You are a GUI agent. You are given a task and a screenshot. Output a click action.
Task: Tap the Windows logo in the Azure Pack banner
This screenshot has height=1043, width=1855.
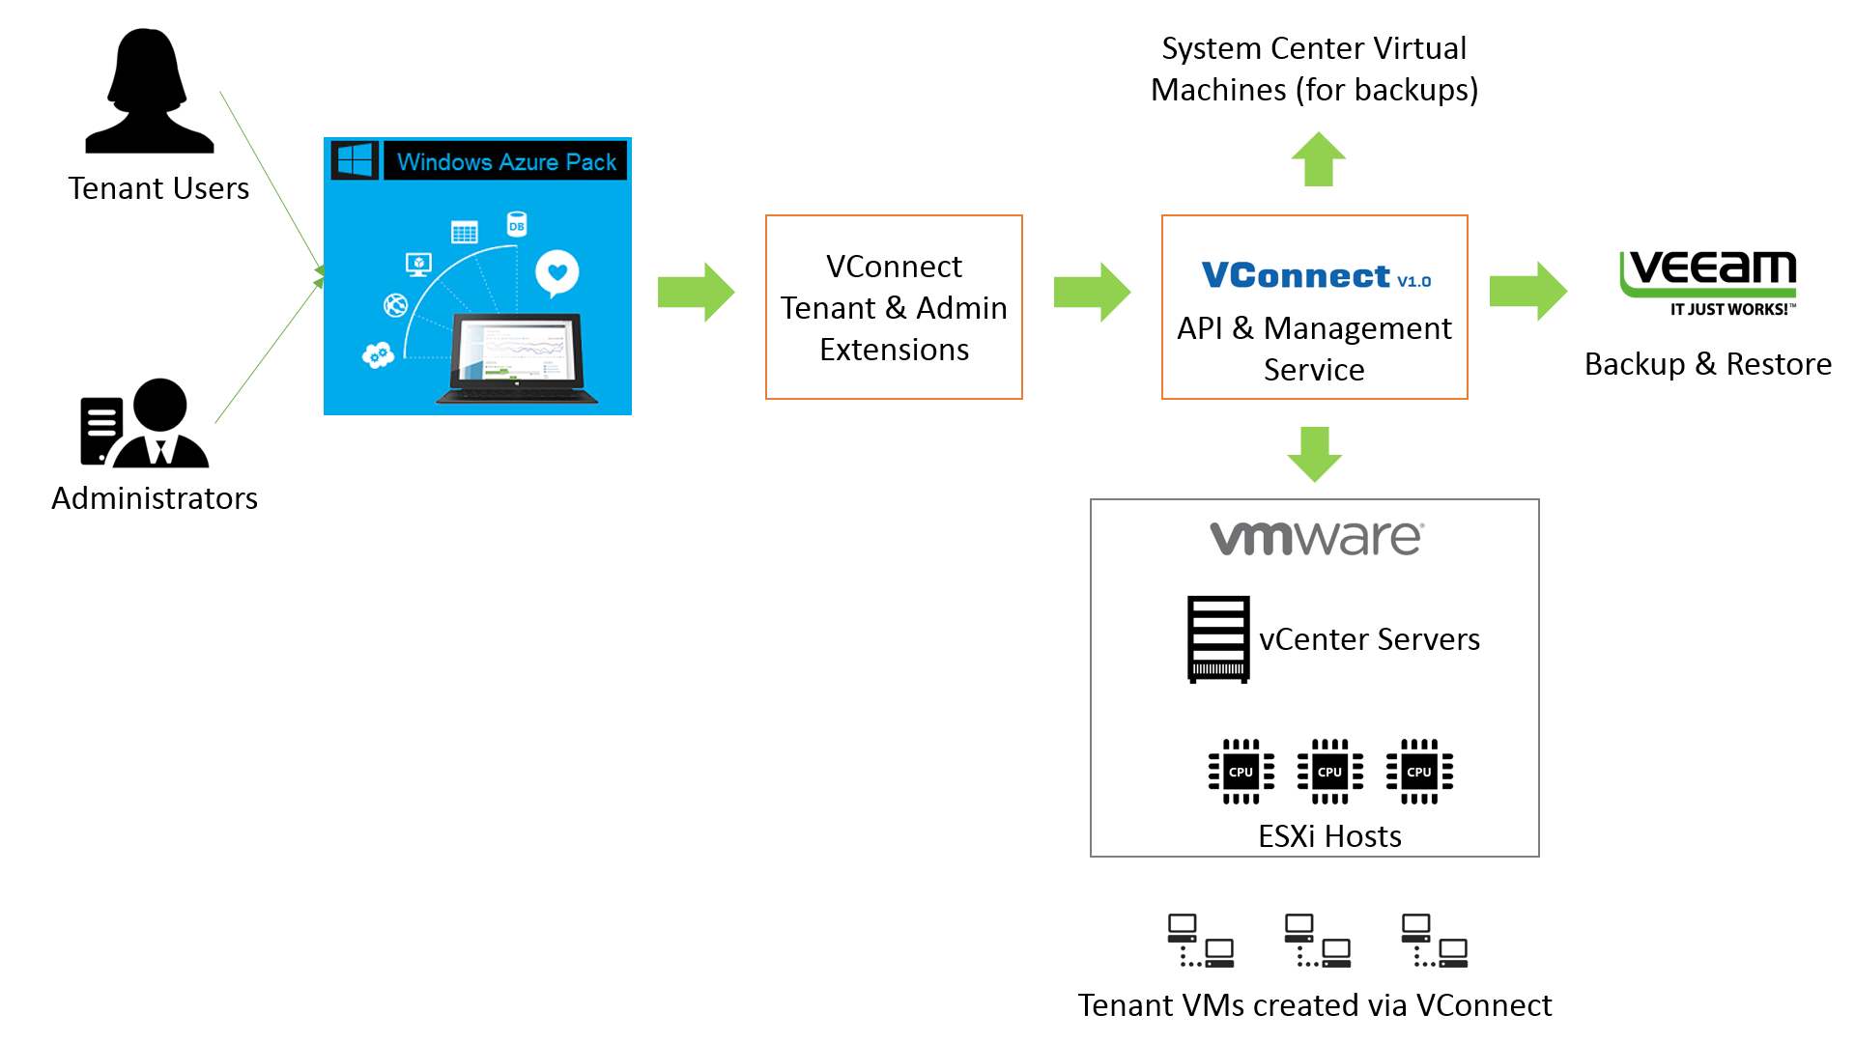tap(355, 160)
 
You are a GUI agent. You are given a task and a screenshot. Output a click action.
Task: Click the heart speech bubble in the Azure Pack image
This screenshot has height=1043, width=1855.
tap(557, 272)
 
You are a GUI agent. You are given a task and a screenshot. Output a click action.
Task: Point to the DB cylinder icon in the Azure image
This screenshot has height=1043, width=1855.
tap(517, 225)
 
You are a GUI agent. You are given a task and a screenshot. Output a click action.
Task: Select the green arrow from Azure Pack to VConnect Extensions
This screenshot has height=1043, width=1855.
tap(696, 292)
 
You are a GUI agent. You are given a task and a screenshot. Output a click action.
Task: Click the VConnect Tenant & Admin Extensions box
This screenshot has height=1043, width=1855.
tap(894, 307)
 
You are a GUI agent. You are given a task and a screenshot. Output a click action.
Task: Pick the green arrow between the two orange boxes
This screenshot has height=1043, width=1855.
tap(1092, 292)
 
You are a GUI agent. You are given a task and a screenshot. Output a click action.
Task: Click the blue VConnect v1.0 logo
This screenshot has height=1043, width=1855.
tap(1315, 275)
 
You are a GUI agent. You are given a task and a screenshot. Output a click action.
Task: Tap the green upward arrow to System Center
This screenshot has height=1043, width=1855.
tap(1318, 159)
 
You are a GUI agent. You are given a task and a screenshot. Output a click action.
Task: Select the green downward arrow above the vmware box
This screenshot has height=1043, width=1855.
tap(1315, 454)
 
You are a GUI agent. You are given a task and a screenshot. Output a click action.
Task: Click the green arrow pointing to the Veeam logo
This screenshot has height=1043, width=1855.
tap(1527, 291)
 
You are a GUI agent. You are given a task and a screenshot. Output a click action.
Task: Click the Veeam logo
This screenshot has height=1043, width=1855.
tap(1708, 280)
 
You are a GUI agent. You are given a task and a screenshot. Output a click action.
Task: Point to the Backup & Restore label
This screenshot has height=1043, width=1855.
tap(1707, 364)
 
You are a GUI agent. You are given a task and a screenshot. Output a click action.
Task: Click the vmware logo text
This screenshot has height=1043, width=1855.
tap(1315, 538)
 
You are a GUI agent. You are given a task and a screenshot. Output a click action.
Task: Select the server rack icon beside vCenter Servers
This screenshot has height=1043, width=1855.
tap(1218, 639)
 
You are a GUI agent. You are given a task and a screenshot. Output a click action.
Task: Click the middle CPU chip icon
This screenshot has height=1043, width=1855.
tap(1329, 772)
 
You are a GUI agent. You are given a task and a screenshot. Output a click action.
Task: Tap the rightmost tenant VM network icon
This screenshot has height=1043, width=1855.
tap(1435, 941)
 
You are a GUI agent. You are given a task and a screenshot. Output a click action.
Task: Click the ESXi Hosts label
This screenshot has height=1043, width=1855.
tap(1329, 836)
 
